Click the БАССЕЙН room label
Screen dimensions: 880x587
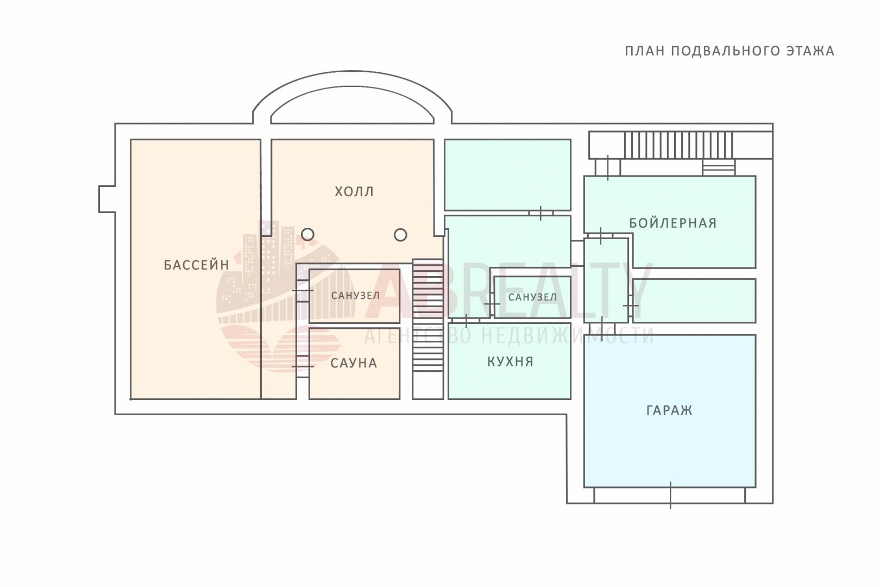[x=197, y=265]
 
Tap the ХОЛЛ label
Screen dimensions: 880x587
[x=354, y=191]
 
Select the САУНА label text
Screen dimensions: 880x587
[x=354, y=363]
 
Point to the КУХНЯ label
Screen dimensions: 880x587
[x=510, y=361]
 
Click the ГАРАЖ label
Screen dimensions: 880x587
[x=669, y=410]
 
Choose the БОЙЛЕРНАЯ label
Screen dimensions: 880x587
[x=673, y=223]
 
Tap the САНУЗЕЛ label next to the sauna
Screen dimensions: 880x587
[x=355, y=295]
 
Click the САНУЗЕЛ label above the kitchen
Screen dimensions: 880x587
[x=532, y=297]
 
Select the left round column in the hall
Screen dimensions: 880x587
[x=307, y=235]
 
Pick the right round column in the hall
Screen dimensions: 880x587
[x=400, y=235]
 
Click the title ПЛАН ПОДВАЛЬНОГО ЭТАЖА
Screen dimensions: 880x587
[x=730, y=51]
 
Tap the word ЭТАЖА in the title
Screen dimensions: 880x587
[x=810, y=51]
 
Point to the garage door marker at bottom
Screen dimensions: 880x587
[x=670, y=495]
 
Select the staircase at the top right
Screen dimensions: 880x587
[x=678, y=145]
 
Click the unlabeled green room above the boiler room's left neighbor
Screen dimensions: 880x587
[x=507, y=174]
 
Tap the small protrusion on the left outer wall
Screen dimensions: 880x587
[x=107, y=199]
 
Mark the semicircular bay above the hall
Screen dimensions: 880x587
[x=353, y=97]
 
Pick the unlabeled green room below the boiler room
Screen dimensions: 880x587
[x=694, y=301]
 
